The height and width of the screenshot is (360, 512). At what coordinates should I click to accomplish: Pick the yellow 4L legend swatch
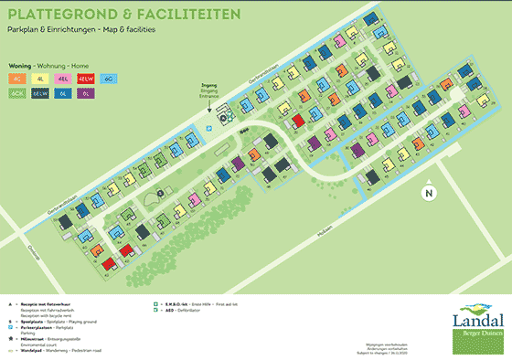(x=42, y=79)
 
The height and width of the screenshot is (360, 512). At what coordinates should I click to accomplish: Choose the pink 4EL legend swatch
(x=64, y=79)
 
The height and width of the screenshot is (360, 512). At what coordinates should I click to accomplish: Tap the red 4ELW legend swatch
(x=87, y=79)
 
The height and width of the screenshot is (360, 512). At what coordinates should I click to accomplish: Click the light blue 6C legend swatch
(x=109, y=79)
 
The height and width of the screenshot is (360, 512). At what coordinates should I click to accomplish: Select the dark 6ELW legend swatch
(x=42, y=93)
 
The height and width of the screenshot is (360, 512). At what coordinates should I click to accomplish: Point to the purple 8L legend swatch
(x=87, y=93)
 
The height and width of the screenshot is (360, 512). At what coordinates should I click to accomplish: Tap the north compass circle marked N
(x=427, y=193)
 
